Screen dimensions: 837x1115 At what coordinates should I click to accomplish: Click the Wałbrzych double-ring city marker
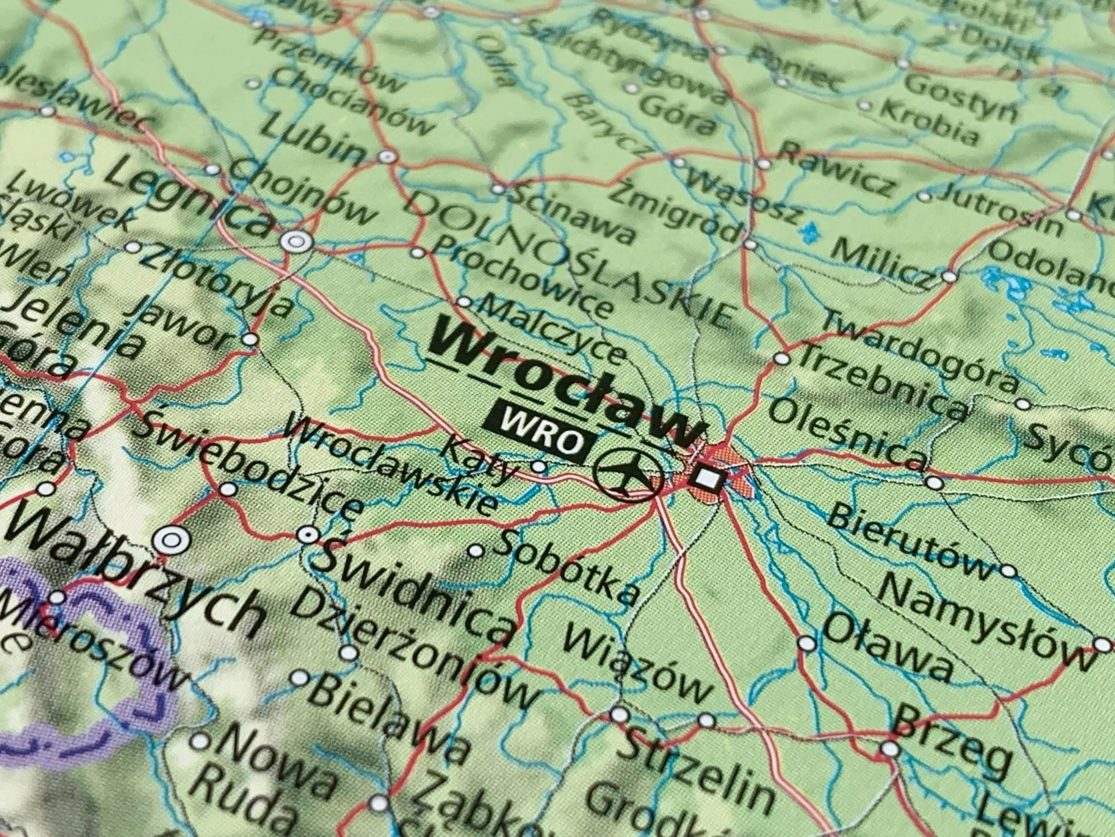coord(170,540)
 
